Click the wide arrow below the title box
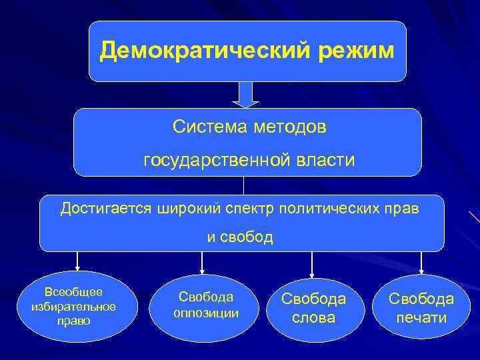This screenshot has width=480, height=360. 245,95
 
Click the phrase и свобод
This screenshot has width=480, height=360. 240,238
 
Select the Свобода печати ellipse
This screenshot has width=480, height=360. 421,309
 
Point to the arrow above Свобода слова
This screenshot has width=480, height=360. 311,262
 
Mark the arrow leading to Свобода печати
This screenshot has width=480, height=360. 421,262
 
